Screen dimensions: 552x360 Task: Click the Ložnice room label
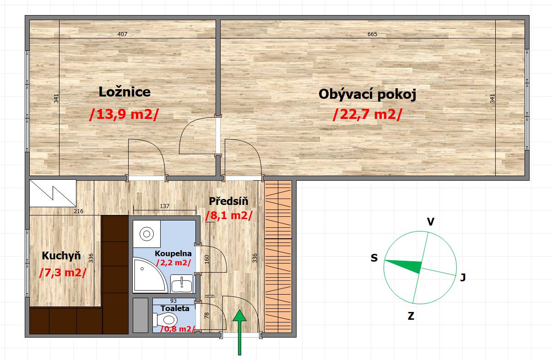tap(124, 92)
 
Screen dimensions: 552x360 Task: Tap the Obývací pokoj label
tap(368, 94)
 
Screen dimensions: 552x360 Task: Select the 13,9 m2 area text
tap(124, 114)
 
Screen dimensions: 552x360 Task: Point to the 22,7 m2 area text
tap(368, 114)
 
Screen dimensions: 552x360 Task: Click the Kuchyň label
tap(61, 256)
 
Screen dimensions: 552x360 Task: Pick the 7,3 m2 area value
tap(63, 273)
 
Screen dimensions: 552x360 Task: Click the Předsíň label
tap(228, 201)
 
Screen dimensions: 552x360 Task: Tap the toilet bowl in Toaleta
tap(165, 320)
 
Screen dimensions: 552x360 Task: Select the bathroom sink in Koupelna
tap(182, 283)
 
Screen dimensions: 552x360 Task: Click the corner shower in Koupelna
tap(149, 274)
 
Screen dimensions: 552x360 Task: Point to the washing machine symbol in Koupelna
tap(146, 234)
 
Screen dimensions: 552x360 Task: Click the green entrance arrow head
tap(239, 316)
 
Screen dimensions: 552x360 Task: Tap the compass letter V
tap(431, 222)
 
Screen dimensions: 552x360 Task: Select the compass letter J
tap(463, 278)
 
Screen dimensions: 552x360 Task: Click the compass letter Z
tap(411, 316)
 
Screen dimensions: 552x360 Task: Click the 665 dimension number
tap(372, 34)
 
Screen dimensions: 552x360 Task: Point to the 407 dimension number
tap(122, 34)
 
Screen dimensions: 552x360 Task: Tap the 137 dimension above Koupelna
tap(164, 206)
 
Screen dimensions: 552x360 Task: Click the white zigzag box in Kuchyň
tap(53, 193)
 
